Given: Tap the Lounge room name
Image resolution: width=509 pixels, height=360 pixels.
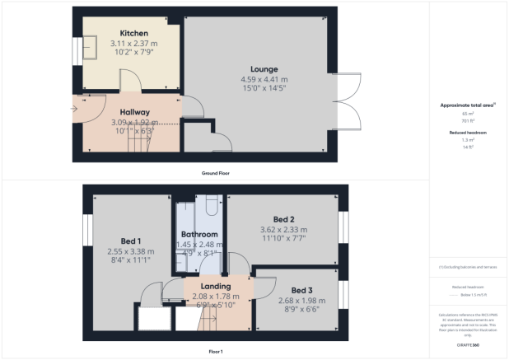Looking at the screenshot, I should pyautogui.click(x=264, y=68).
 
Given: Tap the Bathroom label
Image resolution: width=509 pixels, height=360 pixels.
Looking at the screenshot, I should pyautogui.click(x=199, y=235).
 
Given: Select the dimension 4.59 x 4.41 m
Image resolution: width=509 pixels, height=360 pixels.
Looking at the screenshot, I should pyautogui.click(x=264, y=78).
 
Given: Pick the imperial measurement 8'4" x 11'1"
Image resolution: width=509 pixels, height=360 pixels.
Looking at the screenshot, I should pyautogui.click(x=125, y=261).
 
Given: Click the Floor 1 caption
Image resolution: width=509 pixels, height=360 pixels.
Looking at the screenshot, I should pyautogui.click(x=216, y=351).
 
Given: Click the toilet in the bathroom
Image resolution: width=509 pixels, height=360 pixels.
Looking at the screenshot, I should pyautogui.click(x=210, y=202).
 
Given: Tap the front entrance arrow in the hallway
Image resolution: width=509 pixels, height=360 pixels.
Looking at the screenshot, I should pyautogui.click(x=75, y=108).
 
